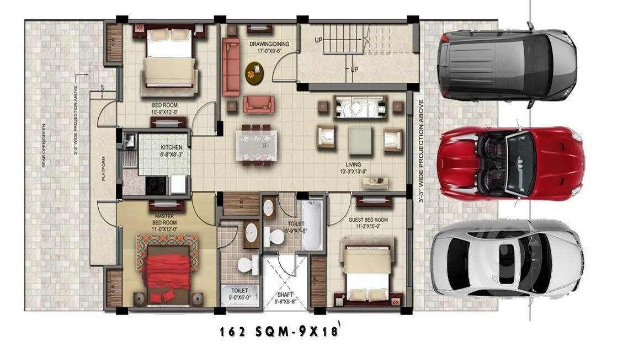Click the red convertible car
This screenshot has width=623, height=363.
point(511,163)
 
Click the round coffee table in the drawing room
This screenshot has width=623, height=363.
point(254,72)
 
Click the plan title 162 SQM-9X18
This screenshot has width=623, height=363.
point(279,332)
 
